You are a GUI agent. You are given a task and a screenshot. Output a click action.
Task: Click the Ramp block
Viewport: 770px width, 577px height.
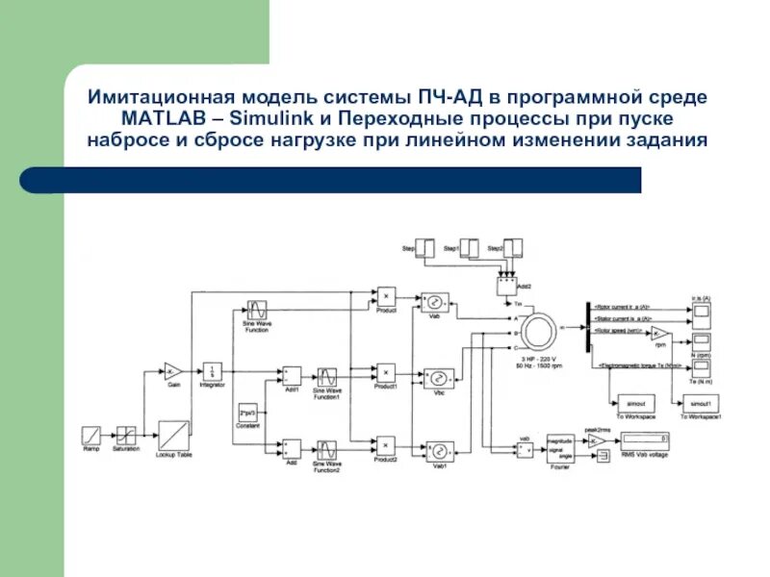[x=91, y=435]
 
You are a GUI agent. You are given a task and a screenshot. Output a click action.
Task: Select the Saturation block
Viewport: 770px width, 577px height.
[x=126, y=435]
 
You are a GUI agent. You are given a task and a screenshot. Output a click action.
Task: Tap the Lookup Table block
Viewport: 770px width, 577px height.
[x=174, y=434]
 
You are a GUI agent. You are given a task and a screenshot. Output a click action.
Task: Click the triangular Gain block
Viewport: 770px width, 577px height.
[x=173, y=370]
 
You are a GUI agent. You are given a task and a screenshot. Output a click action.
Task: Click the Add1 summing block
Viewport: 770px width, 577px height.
[x=291, y=374]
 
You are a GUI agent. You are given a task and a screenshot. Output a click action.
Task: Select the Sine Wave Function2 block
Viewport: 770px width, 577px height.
[x=328, y=449]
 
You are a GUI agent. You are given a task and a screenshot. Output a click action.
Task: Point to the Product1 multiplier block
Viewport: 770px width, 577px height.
[x=385, y=372]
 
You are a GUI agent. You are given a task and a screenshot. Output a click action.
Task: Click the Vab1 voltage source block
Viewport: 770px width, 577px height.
[x=438, y=450]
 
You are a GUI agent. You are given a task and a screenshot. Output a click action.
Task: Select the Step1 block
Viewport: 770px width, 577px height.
[x=469, y=248]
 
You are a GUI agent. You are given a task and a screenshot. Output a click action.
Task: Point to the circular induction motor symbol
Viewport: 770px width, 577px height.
[x=537, y=330]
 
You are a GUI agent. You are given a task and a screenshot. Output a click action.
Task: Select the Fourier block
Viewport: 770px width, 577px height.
[x=560, y=443]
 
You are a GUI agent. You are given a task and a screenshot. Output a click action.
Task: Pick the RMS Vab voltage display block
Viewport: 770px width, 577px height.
[x=643, y=441]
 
